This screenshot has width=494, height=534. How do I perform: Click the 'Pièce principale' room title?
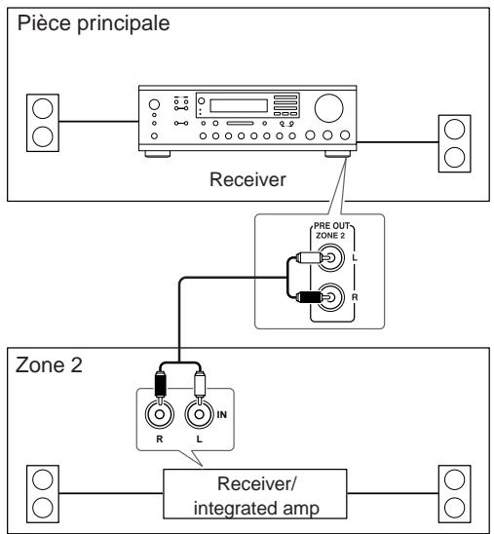pos(94,23)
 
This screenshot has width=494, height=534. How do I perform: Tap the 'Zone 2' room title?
pos(49,365)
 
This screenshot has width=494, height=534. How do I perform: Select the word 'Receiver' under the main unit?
pos(247,179)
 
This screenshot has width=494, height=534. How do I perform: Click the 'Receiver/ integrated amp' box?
pos(255,494)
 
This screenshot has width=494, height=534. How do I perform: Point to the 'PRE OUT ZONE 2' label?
pos(331,231)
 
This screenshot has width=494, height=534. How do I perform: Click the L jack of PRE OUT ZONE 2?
pos(331,257)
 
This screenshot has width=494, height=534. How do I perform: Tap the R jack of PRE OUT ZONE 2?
pos(331,297)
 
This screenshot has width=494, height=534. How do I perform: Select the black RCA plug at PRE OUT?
pos(309,297)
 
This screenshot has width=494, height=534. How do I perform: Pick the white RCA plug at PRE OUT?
pos(309,257)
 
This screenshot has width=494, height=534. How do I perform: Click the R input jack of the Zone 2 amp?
pos(160,414)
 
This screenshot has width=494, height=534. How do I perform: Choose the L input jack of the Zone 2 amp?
pos(200,414)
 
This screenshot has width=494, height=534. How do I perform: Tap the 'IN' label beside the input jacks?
pos(221,414)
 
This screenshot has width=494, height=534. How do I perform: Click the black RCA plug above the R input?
pos(160,385)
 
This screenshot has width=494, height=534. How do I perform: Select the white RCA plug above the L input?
pos(200,385)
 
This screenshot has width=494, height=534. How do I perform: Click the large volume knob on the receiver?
pos(329,108)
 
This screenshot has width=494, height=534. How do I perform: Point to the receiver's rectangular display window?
pos(239,105)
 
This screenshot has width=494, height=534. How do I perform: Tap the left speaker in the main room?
pos(43,123)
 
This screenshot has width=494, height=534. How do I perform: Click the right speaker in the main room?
pos(454,143)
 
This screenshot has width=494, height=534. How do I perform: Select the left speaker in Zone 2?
pos(43,494)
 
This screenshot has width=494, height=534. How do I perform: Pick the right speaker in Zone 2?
pos(454,494)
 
